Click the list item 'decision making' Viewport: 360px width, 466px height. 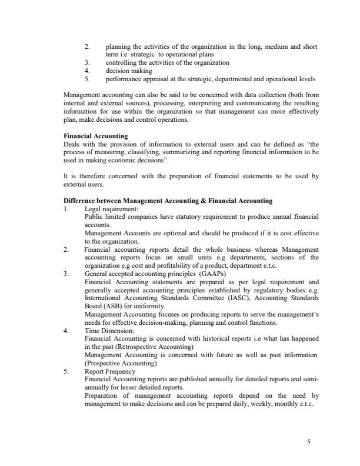pos(129,71)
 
